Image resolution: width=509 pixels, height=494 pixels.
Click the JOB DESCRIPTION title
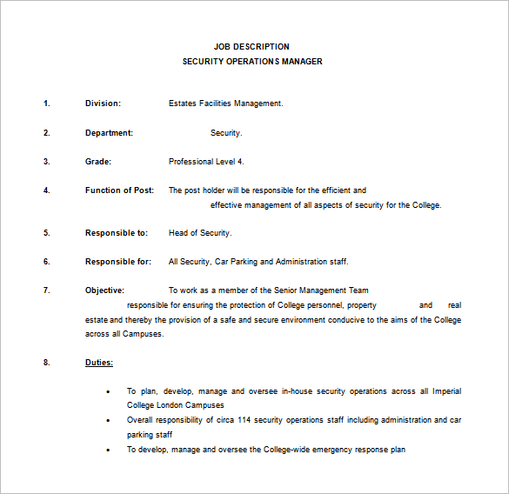[x=251, y=47]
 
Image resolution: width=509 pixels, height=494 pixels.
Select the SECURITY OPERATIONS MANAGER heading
[x=251, y=62]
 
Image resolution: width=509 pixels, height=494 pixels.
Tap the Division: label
[x=103, y=103]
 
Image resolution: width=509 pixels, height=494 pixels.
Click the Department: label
[x=109, y=133]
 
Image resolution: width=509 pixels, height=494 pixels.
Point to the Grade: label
[x=98, y=162]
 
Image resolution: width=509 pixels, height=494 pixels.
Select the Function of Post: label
[x=119, y=190]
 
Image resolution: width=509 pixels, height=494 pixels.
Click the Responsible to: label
[x=117, y=233]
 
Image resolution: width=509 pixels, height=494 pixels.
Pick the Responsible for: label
[x=118, y=262]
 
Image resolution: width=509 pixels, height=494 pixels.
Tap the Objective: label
[x=104, y=290]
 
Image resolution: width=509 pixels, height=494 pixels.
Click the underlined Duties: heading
[x=99, y=363]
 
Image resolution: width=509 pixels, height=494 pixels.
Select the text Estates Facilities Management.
[x=226, y=103]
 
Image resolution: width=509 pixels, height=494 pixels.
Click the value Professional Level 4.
[x=206, y=162]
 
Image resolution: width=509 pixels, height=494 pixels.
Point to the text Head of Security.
[x=200, y=233]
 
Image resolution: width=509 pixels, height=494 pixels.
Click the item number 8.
[x=47, y=363]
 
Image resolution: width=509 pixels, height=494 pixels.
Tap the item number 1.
[x=47, y=103]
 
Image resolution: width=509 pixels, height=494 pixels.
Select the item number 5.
[x=47, y=233]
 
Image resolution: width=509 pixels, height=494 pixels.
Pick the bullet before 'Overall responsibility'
[x=108, y=420]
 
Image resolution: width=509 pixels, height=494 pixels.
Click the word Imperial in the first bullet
[x=446, y=391]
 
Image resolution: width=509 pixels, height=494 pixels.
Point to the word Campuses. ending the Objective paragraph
[x=144, y=334]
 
